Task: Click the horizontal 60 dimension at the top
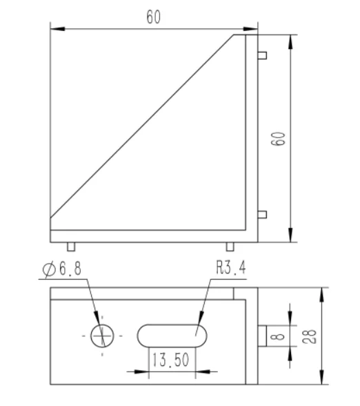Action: tap(154, 17)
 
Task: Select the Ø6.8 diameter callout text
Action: tap(62, 269)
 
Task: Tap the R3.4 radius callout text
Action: tap(231, 267)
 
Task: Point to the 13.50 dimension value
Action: tap(171, 360)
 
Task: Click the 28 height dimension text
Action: tap(309, 336)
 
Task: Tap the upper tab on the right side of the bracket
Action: tap(262, 55)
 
